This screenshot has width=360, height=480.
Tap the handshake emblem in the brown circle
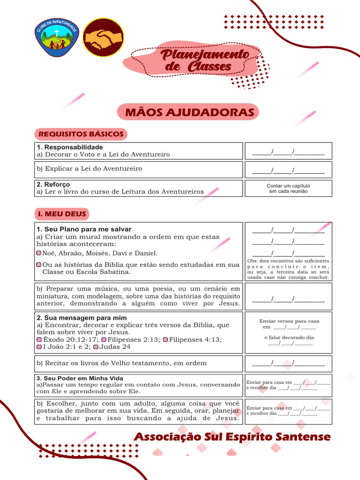pos(103,37)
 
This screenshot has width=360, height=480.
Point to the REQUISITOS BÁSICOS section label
pos(81,134)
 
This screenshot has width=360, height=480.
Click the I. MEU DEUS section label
pos(62,214)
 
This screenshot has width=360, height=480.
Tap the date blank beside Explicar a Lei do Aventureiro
pos(288,170)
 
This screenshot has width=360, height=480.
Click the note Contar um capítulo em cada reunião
pos(288,188)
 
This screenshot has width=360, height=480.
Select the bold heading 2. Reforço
pos(53,185)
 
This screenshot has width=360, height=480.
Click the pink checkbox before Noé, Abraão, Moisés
pos(39,253)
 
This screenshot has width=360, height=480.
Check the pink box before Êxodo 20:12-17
pos(39,339)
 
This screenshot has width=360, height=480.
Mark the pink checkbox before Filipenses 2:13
pos(104,339)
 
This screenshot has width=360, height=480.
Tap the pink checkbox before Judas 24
pos(96,347)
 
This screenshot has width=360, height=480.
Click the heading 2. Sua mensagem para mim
pos(82,318)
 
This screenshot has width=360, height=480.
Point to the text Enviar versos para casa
pos(289,321)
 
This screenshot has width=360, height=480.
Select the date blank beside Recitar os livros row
pos(288,363)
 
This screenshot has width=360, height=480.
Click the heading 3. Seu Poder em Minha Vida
pos(80,378)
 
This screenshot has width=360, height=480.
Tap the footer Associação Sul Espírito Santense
pos(232,437)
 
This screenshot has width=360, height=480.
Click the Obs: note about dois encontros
pos(288,269)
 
